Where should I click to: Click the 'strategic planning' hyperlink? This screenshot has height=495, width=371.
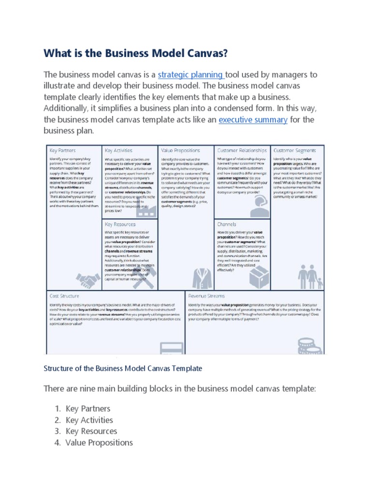(190, 74)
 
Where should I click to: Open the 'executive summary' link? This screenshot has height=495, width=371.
(253, 119)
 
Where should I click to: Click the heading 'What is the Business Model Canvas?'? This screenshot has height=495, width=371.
(135, 53)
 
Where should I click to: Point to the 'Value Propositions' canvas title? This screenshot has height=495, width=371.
(181, 151)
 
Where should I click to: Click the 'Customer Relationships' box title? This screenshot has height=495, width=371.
(242, 151)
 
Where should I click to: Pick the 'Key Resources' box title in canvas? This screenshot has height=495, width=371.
(120, 224)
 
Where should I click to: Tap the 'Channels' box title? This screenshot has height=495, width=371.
(227, 224)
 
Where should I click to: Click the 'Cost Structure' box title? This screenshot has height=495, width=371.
(64, 296)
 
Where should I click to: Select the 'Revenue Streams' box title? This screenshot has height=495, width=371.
(206, 296)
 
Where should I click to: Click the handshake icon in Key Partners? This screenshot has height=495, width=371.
(87, 279)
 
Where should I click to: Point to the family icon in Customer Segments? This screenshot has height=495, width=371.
(309, 277)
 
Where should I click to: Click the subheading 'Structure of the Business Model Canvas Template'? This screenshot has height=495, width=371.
(123, 368)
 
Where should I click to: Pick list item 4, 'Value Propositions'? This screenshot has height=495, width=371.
(99, 442)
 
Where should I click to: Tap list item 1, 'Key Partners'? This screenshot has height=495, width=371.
(88, 408)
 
